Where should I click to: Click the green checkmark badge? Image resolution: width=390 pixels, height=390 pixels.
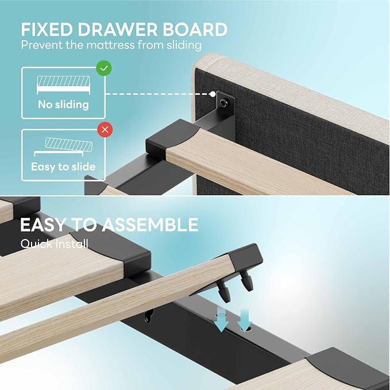[x=104, y=68]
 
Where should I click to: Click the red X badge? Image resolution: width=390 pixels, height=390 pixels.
[x=105, y=130]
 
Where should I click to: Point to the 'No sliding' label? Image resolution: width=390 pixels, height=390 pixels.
[x=63, y=105]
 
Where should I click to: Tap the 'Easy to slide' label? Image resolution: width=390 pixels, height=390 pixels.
[x=63, y=167]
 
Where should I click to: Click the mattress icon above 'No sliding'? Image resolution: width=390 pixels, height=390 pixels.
[x=63, y=85]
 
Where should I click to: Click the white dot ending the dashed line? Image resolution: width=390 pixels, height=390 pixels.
[x=213, y=94]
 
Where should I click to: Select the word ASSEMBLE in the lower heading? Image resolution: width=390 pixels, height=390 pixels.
[x=150, y=225]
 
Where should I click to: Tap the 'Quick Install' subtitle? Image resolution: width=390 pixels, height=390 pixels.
[x=55, y=244]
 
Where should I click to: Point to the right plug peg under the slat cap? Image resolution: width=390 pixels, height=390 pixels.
[x=246, y=281]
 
